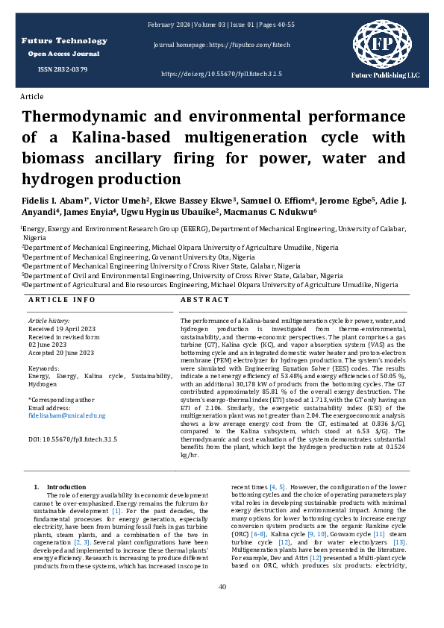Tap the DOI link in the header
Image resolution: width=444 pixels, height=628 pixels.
221,75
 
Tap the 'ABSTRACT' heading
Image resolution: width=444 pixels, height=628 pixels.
204,299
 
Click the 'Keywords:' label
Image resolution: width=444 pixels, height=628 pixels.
43,368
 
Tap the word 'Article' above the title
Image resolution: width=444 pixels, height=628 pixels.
32,97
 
